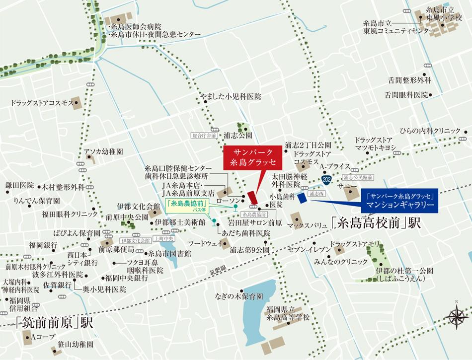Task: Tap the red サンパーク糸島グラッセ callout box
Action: (252, 157)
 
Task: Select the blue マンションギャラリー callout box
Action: (400, 199)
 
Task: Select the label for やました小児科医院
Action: (230, 96)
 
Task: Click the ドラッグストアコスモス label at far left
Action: (42, 103)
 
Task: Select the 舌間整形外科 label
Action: (410, 80)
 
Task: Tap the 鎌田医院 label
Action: (19, 185)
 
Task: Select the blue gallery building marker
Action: (301, 197)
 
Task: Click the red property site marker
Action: (252, 194)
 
